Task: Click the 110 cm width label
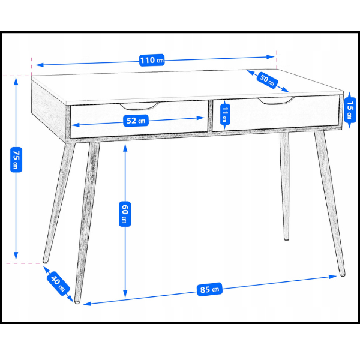click(x=152, y=60)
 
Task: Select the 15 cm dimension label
click(x=350, y=110)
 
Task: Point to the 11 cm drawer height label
click(x=225, y=115)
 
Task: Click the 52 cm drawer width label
click(x=136, y=121)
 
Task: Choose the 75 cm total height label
click(x=16, y=160)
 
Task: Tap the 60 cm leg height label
click(x=125, y=214)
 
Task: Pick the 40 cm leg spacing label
click(x=58, y=284)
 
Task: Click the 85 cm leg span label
click(x=209, y=289)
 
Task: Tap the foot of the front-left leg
click(x=77, y=301)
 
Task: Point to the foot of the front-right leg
click(x=342, y=274)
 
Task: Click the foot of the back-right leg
click(x=286, y=238)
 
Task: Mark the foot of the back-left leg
click(x=46, y=261)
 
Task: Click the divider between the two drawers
click(x=210, y=116)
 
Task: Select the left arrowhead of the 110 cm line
click(x=40, y=65)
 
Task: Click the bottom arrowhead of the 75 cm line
click(x=16, y=256)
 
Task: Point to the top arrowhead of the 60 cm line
click(x=125, y=148)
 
